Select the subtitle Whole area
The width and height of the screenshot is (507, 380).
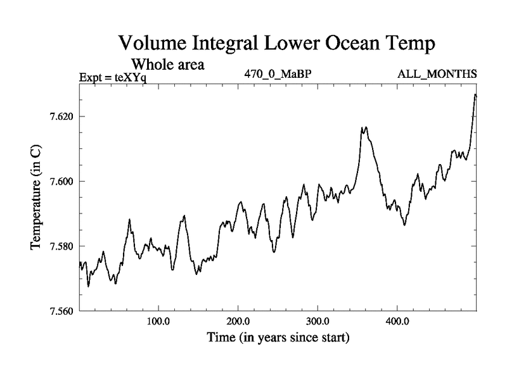[167, 65]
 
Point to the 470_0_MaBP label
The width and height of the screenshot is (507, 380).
[278, 73]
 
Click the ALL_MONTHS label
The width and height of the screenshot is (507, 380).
[437, 73]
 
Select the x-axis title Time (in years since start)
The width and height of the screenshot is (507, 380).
[278, 338]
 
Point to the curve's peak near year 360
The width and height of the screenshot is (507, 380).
[364, 128]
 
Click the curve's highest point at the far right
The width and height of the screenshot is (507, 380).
[475, 94]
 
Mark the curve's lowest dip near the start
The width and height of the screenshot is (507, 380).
[88, 286]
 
